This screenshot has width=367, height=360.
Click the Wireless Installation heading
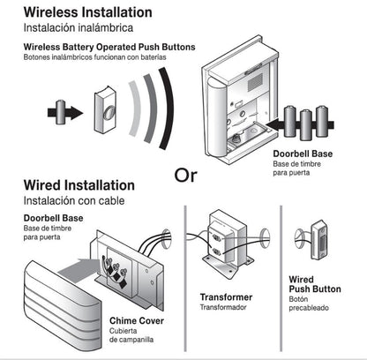(x=86, y=12)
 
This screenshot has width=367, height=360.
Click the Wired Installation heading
(x=79, y=185)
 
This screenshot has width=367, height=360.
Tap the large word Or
(x=185, y=173)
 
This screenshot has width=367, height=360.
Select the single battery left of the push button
(x=60, y=112)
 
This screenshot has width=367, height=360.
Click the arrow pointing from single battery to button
(x=78, y=112)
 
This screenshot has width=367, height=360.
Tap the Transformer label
(x=226, y=297)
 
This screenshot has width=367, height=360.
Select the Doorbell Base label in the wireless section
(x=302, y=154)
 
